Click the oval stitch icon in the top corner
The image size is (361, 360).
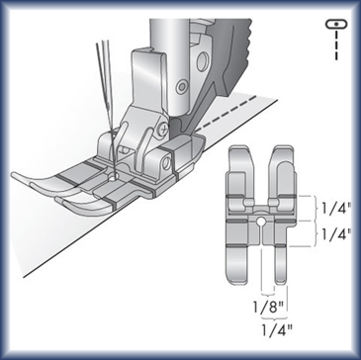pyautogui.click(x=336, y=25)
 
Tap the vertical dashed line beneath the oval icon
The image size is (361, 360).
pyautogui.click(x=336, y=45)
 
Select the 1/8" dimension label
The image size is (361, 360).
pyautogui.click(x=268, y=308)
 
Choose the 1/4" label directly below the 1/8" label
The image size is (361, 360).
pyautogui.click(x=277, y=329)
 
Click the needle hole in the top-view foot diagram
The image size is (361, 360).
pyautogui.click(x=261, y=221)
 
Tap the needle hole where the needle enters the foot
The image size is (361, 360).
pyautogui.click(x=114, y=177)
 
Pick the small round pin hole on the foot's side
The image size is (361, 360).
pyautogui.click(x=166, y=161)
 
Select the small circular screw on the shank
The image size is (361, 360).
pyautogui.click(x=181, y=87)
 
